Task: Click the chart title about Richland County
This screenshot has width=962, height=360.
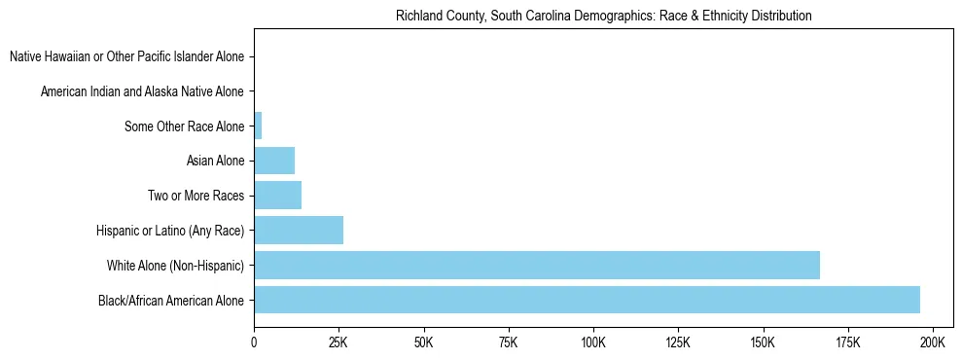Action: [x=603, y=16]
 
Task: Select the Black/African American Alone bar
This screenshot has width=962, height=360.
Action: [x=587, y=300]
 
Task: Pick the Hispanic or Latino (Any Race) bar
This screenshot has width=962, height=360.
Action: [x=299, y=231]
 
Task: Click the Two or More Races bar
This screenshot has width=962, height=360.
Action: [x=277, y=196]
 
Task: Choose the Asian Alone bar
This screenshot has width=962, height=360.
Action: [x=274, y=161]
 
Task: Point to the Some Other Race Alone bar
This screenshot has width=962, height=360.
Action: [x=258, y=126]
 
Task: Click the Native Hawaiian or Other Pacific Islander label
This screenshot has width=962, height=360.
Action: [x=126, y=57]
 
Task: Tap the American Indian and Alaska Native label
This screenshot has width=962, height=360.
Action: [x=142, y=91]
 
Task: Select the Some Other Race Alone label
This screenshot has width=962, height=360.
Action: [x=185, y=126]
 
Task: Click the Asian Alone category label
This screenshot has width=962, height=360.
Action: [x=215, y=161]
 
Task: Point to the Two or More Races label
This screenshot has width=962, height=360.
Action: [x=196, y=196]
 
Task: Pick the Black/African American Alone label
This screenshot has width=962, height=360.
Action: [x=171, y=300]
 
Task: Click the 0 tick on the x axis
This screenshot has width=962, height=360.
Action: [x=254, y=343]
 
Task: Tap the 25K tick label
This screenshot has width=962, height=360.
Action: [x=338, y=343]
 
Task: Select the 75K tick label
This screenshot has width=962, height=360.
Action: [x=508, y=343]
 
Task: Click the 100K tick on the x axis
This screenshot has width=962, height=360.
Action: [x=592, y=343]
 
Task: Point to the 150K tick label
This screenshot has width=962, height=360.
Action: [x=763, y=343]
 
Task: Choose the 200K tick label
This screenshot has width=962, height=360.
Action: [x=932, y=343]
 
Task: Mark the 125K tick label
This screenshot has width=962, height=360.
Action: [x=678, y=343]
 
